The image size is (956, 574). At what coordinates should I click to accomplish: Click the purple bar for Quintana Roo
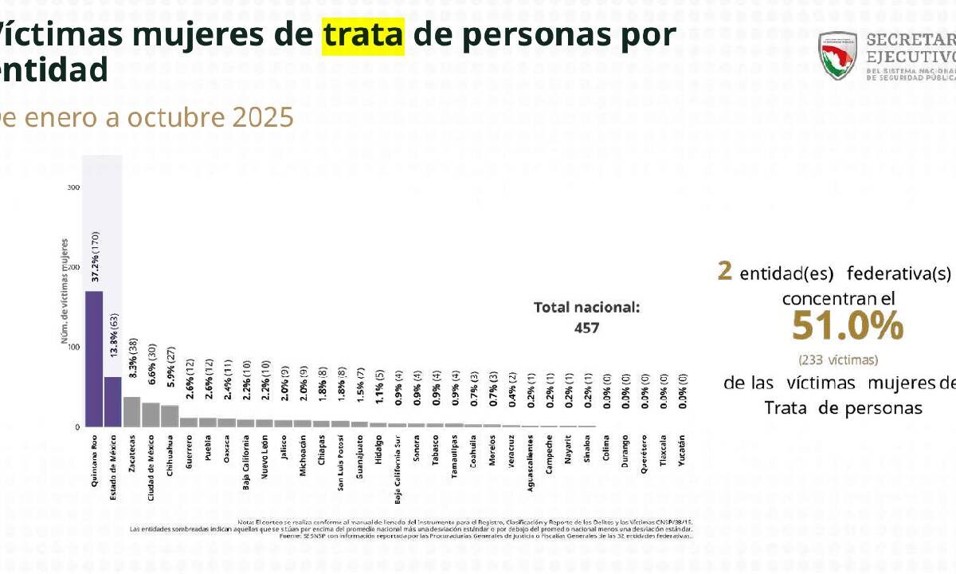94,359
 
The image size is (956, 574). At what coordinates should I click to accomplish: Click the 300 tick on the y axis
73,188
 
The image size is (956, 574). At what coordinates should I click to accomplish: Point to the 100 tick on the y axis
73,348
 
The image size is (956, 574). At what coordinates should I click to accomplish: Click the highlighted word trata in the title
362,35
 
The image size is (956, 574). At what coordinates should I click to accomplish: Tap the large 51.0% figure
848,326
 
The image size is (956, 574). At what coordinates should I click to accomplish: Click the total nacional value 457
586,328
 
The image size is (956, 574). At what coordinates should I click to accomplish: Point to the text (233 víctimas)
838,360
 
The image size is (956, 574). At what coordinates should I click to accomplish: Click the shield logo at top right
838,55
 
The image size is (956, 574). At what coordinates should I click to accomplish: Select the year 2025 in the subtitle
263,118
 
